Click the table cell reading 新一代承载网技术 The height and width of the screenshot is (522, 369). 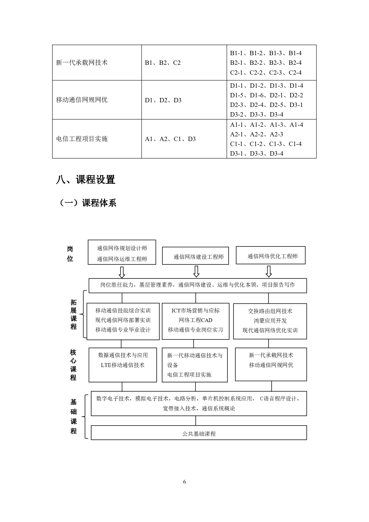(82, 63)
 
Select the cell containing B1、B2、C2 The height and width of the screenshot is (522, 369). (163, 63)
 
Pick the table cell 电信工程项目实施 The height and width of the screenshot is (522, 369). (82, 139)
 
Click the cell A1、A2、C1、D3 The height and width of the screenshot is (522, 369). (170, 139)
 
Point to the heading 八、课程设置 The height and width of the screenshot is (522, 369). (86, 180)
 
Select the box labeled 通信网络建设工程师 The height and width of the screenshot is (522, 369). (198, 257)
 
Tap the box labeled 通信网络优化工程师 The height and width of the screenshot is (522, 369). (272, 256)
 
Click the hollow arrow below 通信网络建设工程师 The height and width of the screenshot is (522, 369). (196, 272)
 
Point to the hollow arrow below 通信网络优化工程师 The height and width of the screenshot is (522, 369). (269, 272)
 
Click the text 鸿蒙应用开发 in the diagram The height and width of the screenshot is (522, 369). (270, 321)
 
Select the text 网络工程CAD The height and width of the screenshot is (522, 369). (195, 320)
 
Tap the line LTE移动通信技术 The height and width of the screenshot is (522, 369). (123, 365)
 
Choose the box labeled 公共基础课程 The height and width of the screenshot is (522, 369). (199, 434)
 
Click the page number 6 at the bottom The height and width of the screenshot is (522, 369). (185, 482)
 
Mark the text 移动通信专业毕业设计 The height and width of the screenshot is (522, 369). (123, 330)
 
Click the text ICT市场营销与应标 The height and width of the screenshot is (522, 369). (195, 311)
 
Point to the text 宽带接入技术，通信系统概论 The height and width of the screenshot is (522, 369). (199, 409)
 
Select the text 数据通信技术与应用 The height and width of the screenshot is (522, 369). (123, 355)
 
